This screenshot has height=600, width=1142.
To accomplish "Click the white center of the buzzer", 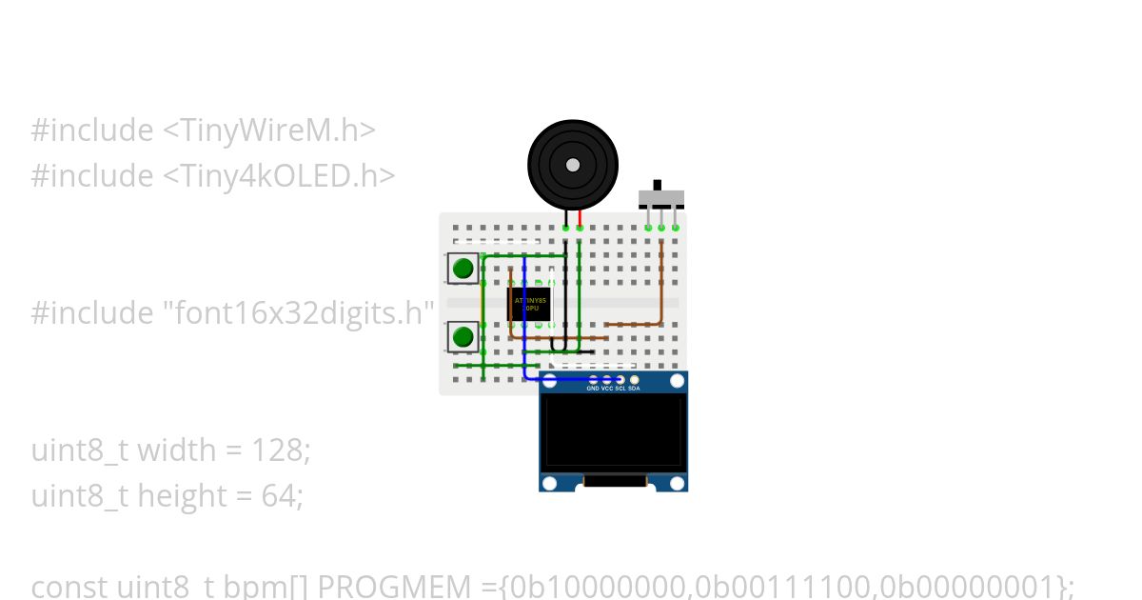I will click(x=572, y=165).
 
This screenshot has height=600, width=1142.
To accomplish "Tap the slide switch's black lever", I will click(x=657, y=184).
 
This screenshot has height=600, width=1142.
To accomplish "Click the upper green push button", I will click(x=463, y=268).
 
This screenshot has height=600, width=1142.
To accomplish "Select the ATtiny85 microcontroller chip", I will click(x=531, y=305).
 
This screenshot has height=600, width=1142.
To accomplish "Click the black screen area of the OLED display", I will click(x=613, y=430).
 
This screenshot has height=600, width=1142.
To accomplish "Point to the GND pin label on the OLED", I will click(x=592, y=389).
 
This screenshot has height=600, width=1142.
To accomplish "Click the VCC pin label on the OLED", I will click(x=606, y=389).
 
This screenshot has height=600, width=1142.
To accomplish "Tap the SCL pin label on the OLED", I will click(x=620, y=389).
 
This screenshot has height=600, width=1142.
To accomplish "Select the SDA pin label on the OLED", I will click(x=635, y=389).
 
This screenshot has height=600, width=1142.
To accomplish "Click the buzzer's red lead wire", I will click(x=580, y=218).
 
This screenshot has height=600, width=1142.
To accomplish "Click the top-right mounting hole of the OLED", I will click(x=677, y=382).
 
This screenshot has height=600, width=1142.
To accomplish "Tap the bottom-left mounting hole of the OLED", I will click(x=549, y=483).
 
